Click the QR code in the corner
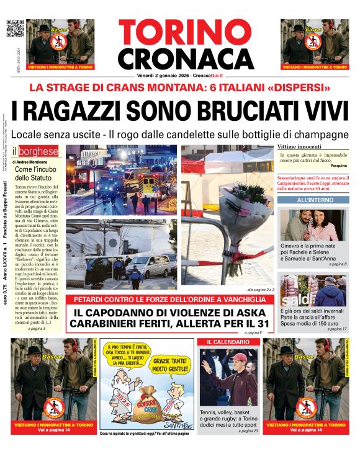click(x=15, y=29)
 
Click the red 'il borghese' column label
click(x=35, y=151)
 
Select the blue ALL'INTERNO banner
click(x=315, y=200)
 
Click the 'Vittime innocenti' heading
click(x=299, y=146)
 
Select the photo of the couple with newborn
click(x=314, y=225)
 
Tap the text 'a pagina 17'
click(x=338, y=329)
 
